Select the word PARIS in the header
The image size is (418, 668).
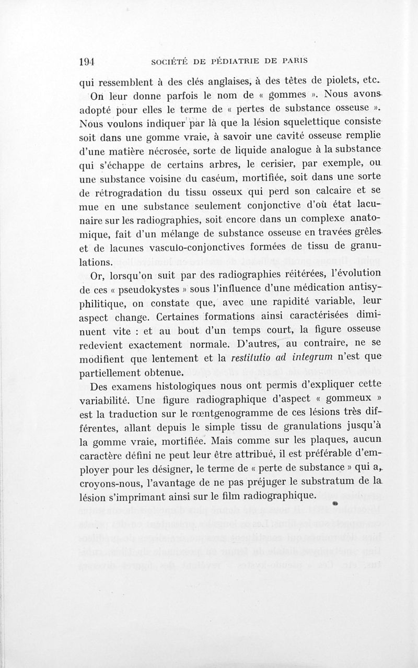coord(291,61)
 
